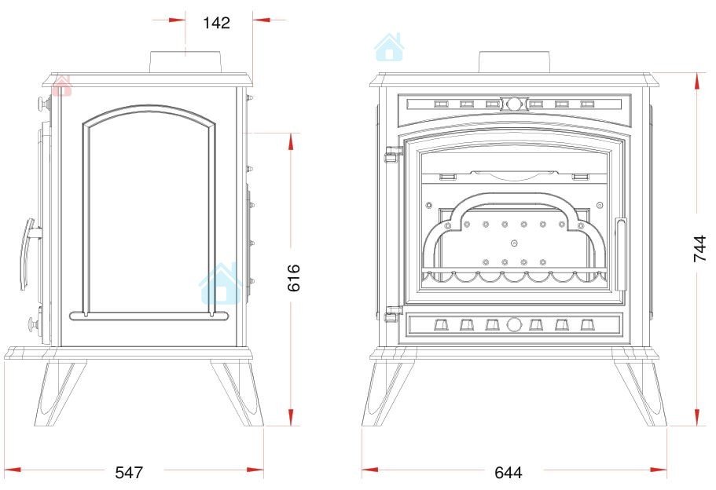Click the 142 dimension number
click(x=216, y=22)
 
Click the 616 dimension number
click(x=294, y=277)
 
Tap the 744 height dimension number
click(x=700, y=249)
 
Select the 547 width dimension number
click(x=129, y=472)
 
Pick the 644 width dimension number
click(x=509, y=472)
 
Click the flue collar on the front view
click(x=514, y=61)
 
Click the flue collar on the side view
click(x=185, y=61)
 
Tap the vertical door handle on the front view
click(x=621, y=254)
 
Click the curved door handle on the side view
click(x=28, y=253)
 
